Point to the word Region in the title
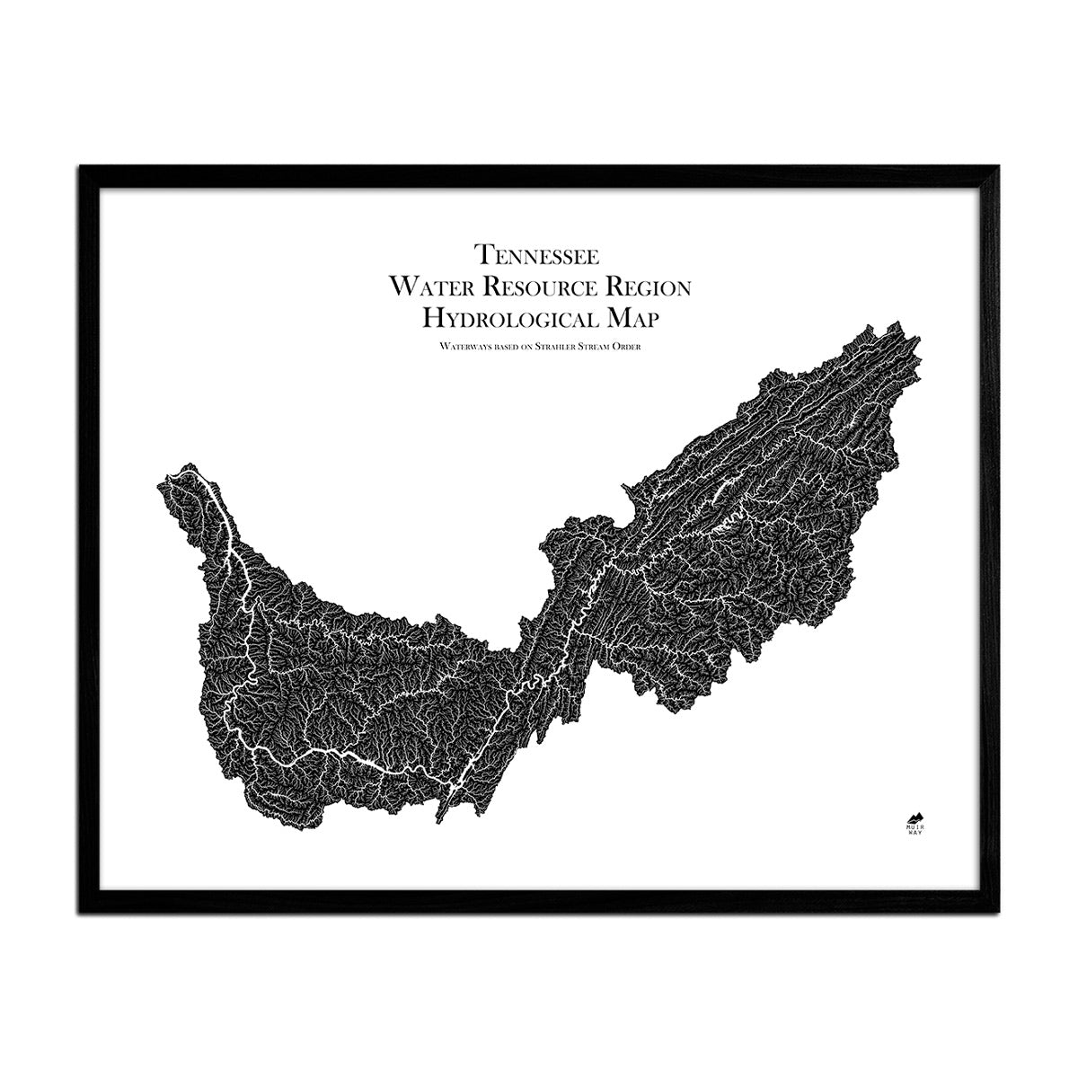649,287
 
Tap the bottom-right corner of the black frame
1003,911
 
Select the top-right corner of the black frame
1003,167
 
